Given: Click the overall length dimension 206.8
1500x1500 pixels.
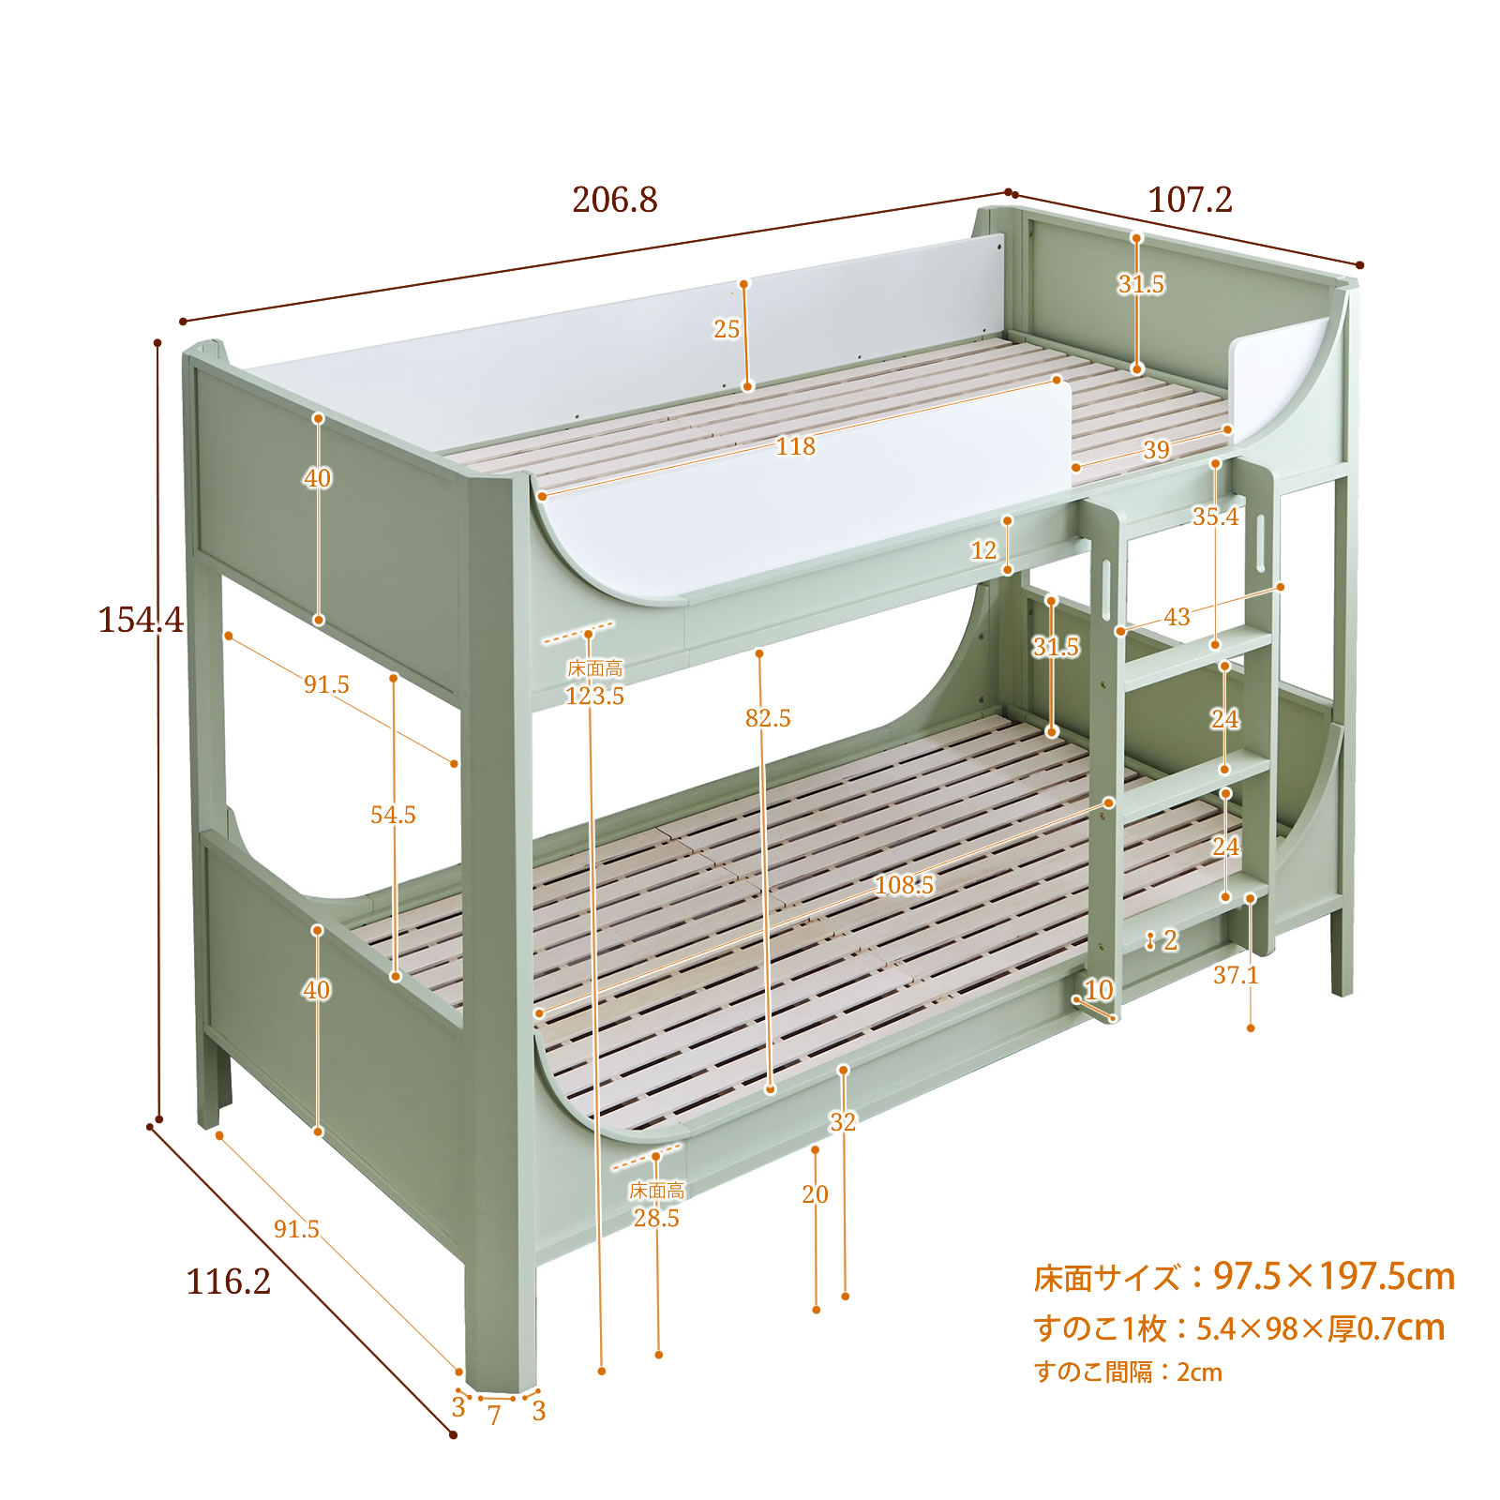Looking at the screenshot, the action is (x=615, y=200).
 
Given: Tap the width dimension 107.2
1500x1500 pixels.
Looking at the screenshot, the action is (x=1190, y=200).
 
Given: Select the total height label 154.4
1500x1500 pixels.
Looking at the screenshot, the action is (x=142, y=620).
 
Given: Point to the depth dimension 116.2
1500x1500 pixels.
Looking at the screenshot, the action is (x=229, y=1282).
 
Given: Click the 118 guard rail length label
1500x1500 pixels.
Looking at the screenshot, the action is (x=795, y=446).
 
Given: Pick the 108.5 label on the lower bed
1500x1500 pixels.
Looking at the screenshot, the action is (x=904, y=884).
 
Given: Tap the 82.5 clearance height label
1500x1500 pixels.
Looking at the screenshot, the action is (x=768, y=718).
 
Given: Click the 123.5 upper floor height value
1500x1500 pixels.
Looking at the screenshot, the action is (x=594, y=696).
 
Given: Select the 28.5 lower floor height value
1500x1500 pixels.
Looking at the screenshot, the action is (x=656, y=1218).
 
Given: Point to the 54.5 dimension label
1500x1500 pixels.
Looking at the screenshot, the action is (x=393, y=815).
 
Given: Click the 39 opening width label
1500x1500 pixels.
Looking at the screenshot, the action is (x=1156, y=450).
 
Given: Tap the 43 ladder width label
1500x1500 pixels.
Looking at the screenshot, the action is (x=1177, y=617).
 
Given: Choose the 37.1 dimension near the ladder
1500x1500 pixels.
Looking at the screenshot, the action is (x=1236, y=975).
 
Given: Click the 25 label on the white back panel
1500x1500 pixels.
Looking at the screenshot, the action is (x=727, y=329).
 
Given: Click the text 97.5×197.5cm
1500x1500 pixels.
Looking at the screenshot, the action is (x=1334, y=1276).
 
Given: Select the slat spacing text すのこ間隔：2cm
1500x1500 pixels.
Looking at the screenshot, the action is (x=1128, y=1372).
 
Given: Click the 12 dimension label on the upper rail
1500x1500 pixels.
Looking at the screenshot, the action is (x=983, y=550).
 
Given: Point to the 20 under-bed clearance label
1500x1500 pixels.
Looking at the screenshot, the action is (x=815, y=1194).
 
